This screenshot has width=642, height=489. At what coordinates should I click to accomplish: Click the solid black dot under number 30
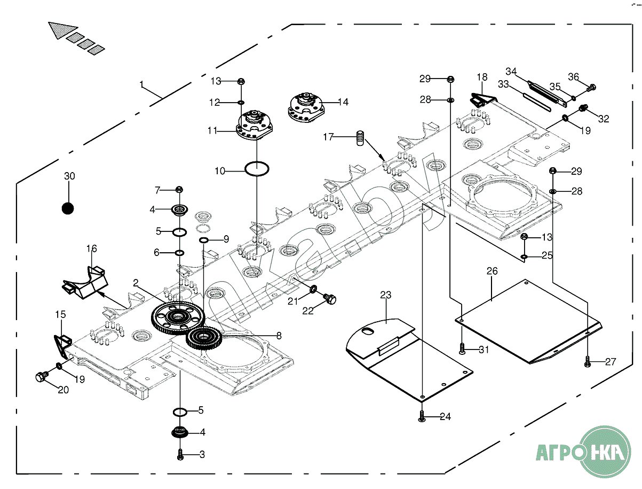(68, 208)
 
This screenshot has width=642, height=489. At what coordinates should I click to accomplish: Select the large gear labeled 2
(177, 319)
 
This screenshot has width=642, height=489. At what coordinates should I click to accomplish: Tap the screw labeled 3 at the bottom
(180, 455)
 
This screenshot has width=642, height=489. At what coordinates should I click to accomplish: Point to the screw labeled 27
(587, 362)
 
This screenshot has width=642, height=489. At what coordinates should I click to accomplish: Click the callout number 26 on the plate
(492, 271)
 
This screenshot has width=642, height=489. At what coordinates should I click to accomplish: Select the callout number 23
(386, 294)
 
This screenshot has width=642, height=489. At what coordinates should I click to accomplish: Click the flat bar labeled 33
(536, 102)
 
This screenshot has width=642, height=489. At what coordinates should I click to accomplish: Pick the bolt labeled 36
(591, 87)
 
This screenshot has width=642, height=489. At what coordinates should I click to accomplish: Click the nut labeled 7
(179, 190)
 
